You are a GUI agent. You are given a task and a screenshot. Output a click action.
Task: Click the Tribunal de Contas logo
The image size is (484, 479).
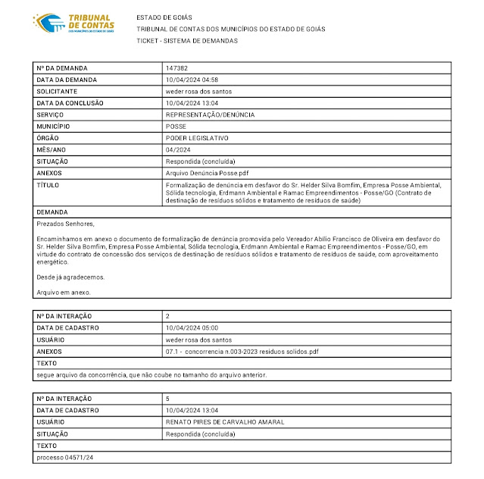74,23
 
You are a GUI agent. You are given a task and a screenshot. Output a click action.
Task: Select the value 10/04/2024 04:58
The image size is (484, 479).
192,80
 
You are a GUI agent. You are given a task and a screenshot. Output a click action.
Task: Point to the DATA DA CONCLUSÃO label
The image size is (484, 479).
70,103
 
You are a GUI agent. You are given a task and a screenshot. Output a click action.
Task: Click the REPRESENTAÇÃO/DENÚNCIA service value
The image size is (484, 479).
210,114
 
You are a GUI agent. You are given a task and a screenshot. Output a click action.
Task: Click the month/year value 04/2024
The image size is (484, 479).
179,150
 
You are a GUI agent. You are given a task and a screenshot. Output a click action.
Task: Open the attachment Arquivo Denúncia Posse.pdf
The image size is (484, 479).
207,173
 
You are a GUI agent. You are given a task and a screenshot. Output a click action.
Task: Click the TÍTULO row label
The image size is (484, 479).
48,185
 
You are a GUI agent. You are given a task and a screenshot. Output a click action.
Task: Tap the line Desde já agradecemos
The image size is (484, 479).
70,277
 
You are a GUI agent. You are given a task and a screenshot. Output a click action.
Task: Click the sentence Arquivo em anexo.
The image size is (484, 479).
64,292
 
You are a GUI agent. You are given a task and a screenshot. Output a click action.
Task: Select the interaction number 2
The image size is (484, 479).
167,315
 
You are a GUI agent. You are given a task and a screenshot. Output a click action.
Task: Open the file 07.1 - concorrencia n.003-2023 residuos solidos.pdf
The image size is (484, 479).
242,352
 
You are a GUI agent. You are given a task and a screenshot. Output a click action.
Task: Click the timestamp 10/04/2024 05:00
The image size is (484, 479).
192,327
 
